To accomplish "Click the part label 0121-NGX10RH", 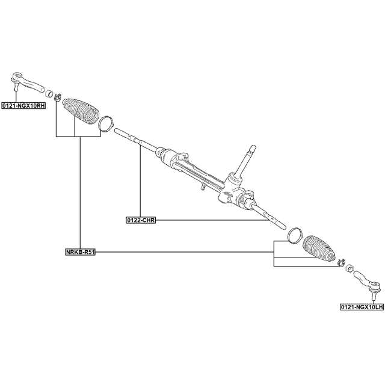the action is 23,106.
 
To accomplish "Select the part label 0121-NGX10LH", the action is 362,307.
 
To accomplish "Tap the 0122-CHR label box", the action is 141,220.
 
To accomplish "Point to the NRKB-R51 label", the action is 80,252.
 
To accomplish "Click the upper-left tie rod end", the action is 28,82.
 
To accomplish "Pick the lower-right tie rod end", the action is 368,282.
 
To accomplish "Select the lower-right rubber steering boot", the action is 319,248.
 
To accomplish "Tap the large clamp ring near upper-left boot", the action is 106,123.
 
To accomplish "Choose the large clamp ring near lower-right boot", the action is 295,235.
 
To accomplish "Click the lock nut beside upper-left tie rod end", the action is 50,93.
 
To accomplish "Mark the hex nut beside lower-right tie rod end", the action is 349,268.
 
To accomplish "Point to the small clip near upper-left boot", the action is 58,97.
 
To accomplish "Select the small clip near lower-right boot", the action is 341,262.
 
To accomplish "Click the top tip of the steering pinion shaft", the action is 253,147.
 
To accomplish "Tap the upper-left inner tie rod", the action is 135,140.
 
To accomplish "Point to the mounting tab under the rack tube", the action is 203,187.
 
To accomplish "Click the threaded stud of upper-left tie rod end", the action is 16,87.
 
